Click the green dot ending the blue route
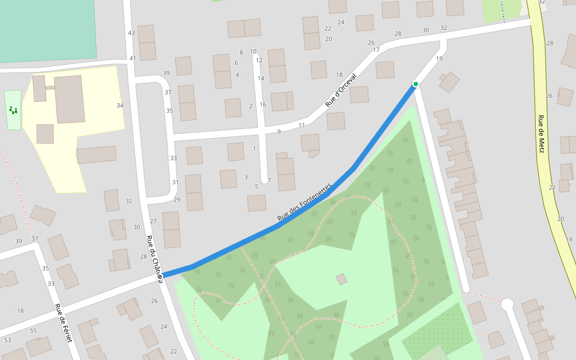tap(415, 84)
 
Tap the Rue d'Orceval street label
tap(341, 90)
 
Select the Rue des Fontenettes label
tap(304, 202)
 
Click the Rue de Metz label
tap(541, 134)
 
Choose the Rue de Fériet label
tap(64, 323)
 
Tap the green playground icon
tap(13, 110)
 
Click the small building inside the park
tap(341, 279)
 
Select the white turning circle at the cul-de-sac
tap(507, 304)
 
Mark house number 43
tap(131, 32)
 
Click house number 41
tap(133, 58)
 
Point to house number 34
tap(120, 106)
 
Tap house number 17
tap(376, 50)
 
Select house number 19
tap(439, 59)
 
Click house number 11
tap(302, 125)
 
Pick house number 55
tap(33, 331)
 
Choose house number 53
tap(7, 341)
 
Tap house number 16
tap(263, 104)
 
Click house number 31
tap(175, 182)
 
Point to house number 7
tap(269, 181)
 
